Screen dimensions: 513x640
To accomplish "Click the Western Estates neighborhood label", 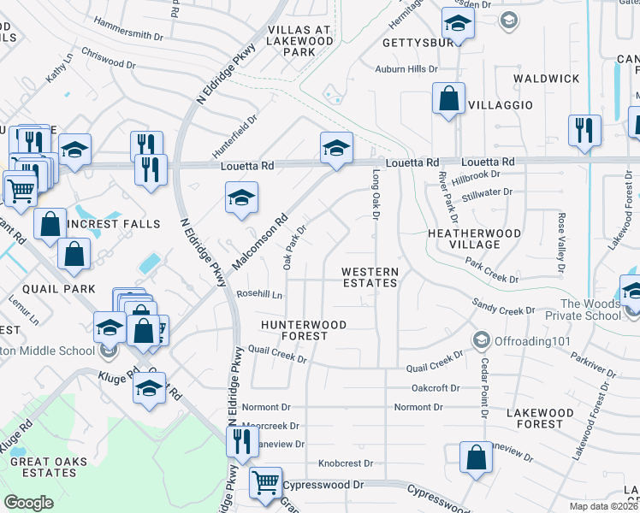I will point(370,277).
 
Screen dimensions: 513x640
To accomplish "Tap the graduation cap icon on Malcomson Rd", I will point(242,198).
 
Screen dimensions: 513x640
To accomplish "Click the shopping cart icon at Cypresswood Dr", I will point(265,483).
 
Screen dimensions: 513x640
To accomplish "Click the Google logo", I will point(28,503).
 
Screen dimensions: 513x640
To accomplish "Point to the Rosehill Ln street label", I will point(259,294).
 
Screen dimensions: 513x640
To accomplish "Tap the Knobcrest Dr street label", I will point(346,463).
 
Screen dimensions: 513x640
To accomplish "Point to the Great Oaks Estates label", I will point(43,467).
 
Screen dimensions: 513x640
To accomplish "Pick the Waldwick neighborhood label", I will point(546,79).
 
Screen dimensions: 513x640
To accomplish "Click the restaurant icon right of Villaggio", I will point(584,130).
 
